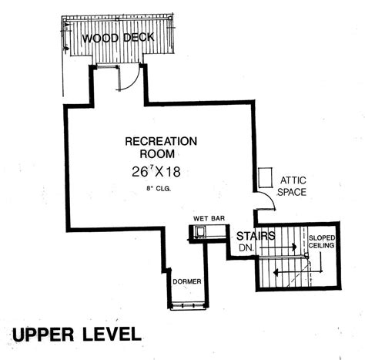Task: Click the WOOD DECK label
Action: [x=118, y=38]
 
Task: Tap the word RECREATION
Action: [x=161, y=141]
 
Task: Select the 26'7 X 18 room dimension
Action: [x=156, y=171]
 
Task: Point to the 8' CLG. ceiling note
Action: [x=159, y=189]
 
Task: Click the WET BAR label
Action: [x=209, y=218]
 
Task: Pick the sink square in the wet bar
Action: [x=199, y=231]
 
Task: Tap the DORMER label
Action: [x=187, y=281]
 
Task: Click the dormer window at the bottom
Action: [x=188, y=306]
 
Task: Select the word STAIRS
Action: [x=256, y=236]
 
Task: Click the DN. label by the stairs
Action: [x=246, y=248]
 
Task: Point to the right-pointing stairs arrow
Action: [x=278, y=247]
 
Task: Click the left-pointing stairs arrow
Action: [x=298, y=272]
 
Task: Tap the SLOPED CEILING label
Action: [x=321, y=241]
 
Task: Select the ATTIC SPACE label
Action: [x=292, y=186]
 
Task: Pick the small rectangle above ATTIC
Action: [x=265, y=177]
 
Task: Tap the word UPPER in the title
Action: [x=43, y=335]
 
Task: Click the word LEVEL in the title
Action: [x=112, y=335]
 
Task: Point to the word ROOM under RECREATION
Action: [x=157, y=153]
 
